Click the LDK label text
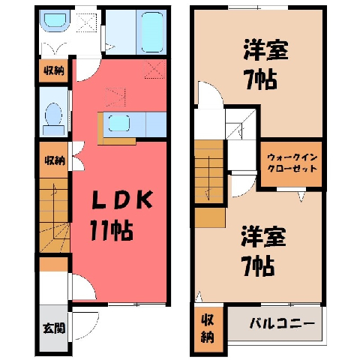(x=122, y=199)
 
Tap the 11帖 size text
(x=112, y=230)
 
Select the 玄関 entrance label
(x=54, y=328)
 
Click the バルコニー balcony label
(x=282, y=324)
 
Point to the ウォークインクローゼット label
(x=292, y=163)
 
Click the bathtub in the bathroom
(x=152, y=31)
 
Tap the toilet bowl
(x=53, y=115)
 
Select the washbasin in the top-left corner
(x=55, y=21)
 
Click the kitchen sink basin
(x=119, y=123)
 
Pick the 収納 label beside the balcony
(x=208, y=328)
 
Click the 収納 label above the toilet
(x=54, y=71)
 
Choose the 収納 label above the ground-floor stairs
(x=55, y=160)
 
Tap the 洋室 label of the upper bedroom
(x=265, y=49)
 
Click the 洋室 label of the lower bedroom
(x=263, y=236)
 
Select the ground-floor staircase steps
(x=54, y=215)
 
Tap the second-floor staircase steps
(x=208, y=171)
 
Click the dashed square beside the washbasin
(x=86, y=22)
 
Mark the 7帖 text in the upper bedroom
(x=261, y=80)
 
